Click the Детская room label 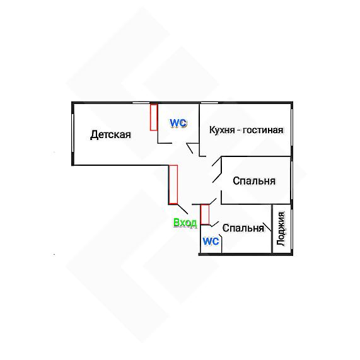tap(110, 134)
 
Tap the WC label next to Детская tap(178, 123)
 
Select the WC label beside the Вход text tap(211, 241)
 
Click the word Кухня tap(222, 130)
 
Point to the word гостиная tap(263, 130)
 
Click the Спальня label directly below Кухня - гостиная tap(254, 181)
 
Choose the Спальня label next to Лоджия tap(243, 228)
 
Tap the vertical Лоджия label tap(281, 229)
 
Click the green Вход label tap(185, 223)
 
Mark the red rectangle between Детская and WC tap(154, 117)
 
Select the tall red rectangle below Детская tap(173, 184)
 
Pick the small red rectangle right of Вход tap(205, 214)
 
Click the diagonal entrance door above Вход tap(183, 209)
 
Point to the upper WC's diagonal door tap(190, 148)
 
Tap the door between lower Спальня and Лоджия tap(267, 226)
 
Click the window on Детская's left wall tap(73, 133)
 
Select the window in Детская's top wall tap(141, 102)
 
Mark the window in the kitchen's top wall tap(209, 102)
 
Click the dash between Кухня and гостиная tap(239, 131)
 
